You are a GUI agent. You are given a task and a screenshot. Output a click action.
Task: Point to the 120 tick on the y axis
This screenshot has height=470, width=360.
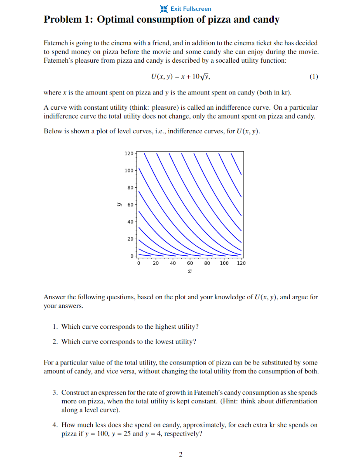[x=129, y=153]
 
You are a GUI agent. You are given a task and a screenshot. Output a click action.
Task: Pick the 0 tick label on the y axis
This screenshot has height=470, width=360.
[x=132, y=255]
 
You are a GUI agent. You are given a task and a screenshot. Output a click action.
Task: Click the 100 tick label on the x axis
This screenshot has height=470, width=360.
[x=224, y=264]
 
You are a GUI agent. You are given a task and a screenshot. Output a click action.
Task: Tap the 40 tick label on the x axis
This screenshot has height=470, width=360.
[x=173, y=264]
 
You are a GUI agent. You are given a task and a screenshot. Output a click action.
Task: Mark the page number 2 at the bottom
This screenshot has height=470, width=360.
[x=180, y=455]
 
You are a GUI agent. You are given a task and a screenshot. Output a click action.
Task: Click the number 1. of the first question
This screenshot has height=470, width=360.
[x=55, y=327]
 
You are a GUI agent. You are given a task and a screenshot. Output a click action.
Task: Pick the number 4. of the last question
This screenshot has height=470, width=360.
[x=55, y=425]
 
